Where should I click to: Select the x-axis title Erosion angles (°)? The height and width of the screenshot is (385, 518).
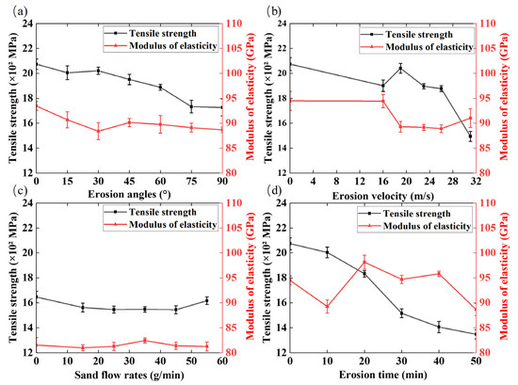tap(129, 194)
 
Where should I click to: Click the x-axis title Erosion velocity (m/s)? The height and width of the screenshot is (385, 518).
tap(383, 196)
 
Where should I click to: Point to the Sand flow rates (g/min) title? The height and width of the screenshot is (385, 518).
tap(129, 375)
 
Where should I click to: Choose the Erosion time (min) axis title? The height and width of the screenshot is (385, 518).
tap(383, 375)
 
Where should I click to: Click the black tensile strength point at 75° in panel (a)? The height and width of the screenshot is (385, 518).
tap(191, 106)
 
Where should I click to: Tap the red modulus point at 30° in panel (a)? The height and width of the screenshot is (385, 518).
tap(98, 131)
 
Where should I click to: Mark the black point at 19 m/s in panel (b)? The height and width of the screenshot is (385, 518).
tap(400, 69)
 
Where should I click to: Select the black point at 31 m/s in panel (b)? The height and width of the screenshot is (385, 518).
tap(470, 136)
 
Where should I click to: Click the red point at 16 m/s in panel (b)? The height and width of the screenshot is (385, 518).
tap(383, 101)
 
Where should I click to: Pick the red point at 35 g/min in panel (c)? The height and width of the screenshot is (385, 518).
tap(145, 341)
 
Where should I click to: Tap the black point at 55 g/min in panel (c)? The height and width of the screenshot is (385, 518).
tap(207, 301)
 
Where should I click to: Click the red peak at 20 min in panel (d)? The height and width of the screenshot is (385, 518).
tap(364, 263)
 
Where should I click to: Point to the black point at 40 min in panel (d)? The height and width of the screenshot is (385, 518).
tap(439, 327)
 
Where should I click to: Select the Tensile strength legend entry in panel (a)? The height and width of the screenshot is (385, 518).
tap(151, 33)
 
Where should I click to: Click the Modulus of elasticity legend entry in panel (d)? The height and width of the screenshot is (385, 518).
tap(414, 226)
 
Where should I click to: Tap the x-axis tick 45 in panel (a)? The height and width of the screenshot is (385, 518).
tap(129, 182)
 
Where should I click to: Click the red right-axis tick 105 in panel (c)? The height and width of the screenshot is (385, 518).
tap(234, 228)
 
